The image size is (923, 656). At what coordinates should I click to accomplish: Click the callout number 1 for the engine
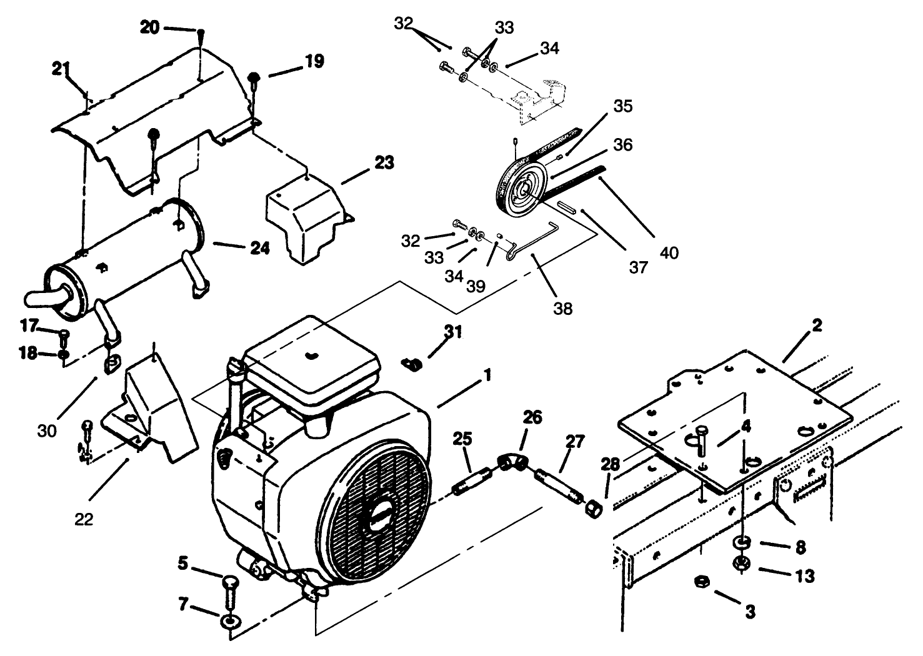coord(487,375)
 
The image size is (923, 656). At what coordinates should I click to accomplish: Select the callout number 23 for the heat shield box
coord(384,164)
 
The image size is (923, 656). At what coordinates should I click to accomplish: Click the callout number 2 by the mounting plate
coord(817,326)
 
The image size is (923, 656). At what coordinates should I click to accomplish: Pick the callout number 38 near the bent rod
coord(562,307)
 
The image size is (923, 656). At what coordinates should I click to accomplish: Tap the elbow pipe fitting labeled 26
coord(512,463)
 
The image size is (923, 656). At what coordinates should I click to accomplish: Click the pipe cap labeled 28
coord(593,507)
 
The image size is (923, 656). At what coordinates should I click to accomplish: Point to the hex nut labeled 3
coord(701,583)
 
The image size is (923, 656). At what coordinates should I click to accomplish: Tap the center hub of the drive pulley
coord(519,189)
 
